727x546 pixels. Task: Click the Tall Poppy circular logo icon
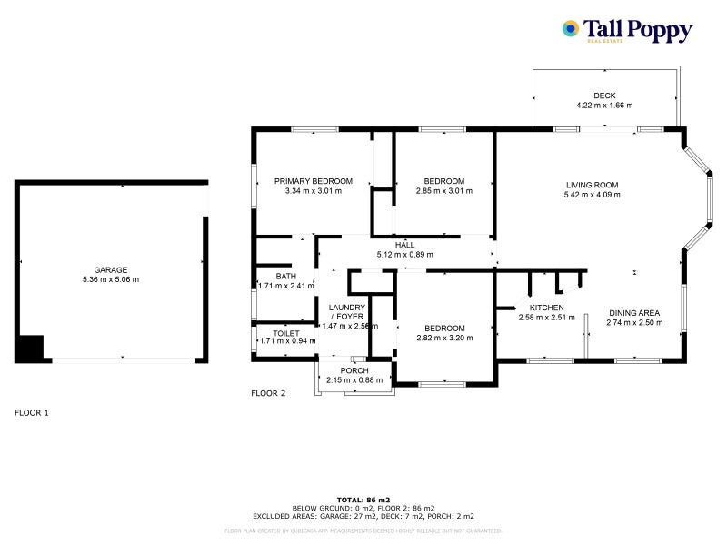tap(571, 28)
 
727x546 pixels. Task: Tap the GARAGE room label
tap(110, 269)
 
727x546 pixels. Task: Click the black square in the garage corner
tap(29, 349)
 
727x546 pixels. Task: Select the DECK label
tap(604, 96)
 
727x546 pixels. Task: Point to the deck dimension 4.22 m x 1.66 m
tap(604, 106)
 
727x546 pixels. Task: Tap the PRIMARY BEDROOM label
tap(313, 181)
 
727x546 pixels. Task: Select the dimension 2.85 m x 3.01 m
tap(440, 191)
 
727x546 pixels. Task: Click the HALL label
tap(404, 245)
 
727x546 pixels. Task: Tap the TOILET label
tap(273, 333)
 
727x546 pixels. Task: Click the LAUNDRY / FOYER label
tap(346, 311)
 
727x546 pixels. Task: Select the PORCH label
tap(354, 370)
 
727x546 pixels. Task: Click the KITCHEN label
tap(547, 308)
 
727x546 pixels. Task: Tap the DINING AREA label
tap(634, 312)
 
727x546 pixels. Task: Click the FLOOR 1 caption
tap(32, 412)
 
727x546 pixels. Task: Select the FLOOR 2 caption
tap(268, 393)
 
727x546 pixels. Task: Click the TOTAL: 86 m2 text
tap(363, 500)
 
